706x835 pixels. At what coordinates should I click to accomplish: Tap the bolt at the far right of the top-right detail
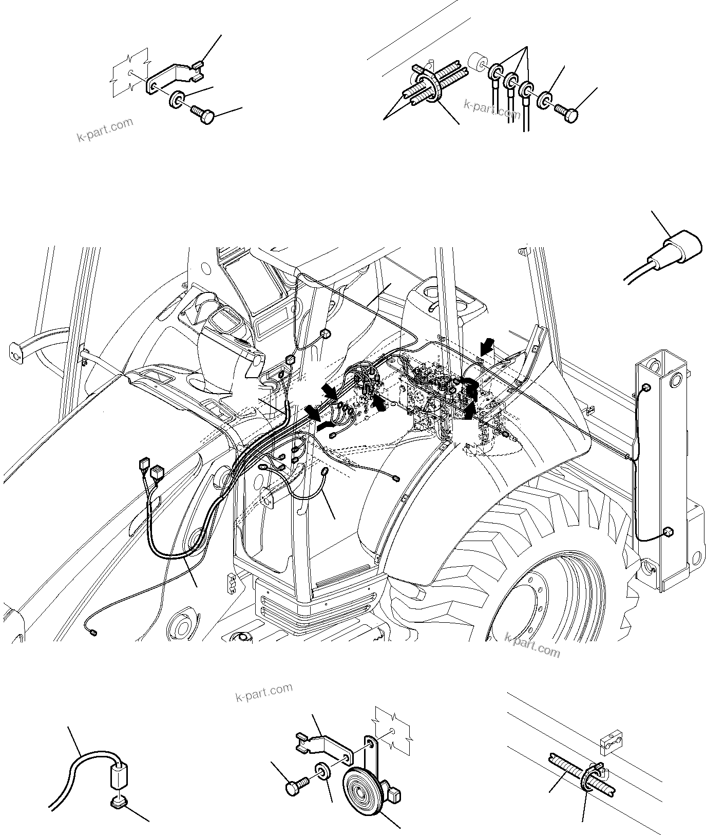(x=569, y=114)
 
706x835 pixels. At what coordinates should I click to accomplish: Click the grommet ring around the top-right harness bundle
(x=429, y=87)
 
